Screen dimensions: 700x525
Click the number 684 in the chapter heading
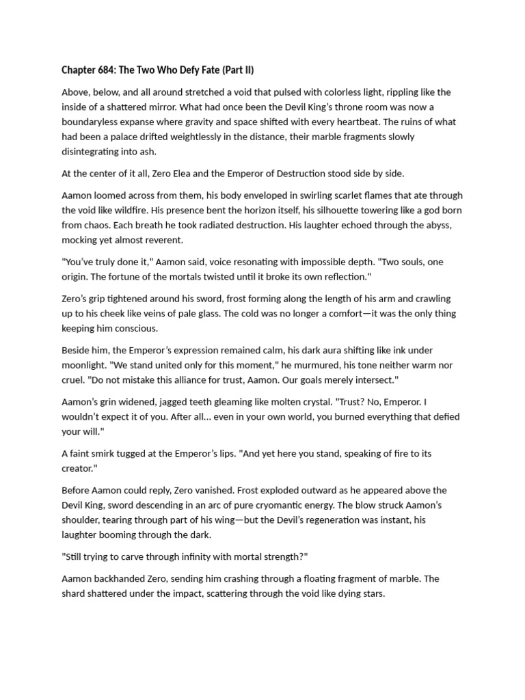coord(111,70)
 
